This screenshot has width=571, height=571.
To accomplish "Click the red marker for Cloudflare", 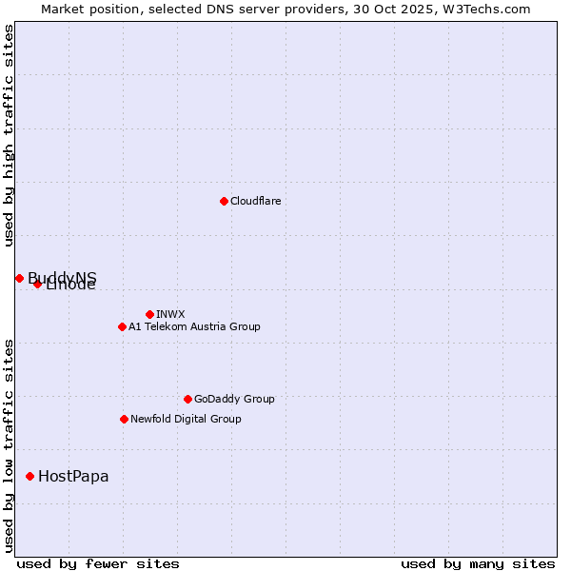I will [x=224, y=201].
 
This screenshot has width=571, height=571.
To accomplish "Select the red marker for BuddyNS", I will [x=19, y=278].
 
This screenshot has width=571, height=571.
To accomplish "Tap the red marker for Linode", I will [x=37, y=284].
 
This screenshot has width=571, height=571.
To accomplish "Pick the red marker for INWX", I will [x=149, y=314].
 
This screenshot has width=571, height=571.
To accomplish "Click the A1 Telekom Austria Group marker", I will [x=122, y=326].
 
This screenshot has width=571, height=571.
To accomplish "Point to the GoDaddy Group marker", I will [x=187, y=399].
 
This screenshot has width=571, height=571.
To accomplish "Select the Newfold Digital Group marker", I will [x=124, y=419].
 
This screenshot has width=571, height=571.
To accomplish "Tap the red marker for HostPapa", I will [x=30, y=476].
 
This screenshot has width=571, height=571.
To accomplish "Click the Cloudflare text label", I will [x=255, y=201].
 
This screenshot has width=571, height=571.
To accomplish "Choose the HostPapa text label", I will [x=73, y=476].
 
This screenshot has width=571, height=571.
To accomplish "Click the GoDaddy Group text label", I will [x=233, y=399].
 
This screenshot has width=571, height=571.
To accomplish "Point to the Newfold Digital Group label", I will [x=186, y=419].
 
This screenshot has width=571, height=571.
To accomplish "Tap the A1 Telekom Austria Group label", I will [x=194, y=326].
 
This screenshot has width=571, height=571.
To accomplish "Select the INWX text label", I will [x=170, y=314].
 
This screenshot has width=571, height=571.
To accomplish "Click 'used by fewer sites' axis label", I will [x=98, y=563].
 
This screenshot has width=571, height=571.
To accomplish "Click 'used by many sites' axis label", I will [x=478, y=563].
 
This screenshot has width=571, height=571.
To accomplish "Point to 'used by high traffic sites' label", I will [x=9, y=136].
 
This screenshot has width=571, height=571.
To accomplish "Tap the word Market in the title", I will [x=62, y=9].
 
